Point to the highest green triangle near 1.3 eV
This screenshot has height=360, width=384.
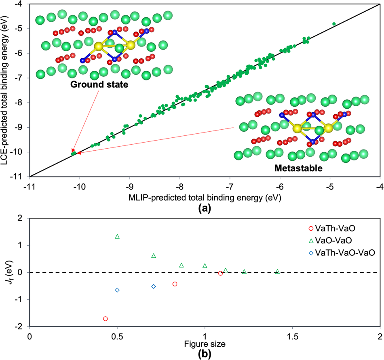click(x=117, y=236)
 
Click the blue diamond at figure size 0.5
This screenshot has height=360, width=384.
click(x=117, y=290)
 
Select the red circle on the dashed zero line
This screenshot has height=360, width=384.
click(x=220, y=274)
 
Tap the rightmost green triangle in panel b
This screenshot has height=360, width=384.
click(x=277, y=272)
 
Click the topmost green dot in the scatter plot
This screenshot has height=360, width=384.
click(x=334, y=24)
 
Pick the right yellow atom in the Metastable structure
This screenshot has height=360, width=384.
click(x=328, y=128)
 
